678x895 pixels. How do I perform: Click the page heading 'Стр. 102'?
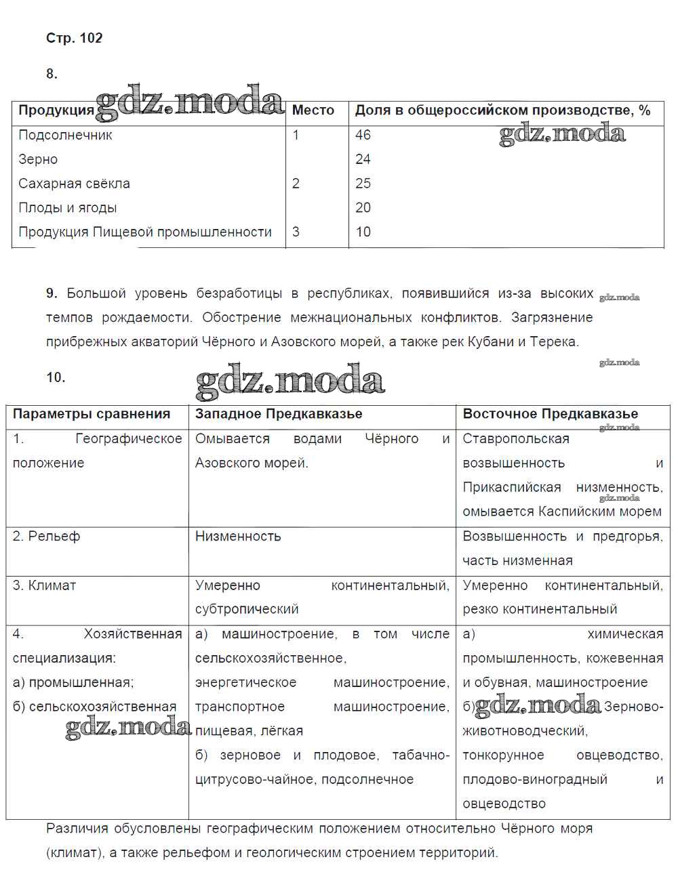74,38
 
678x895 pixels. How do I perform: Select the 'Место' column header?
313,110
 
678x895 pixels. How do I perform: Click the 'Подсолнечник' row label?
65,135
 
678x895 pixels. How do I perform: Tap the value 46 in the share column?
363,135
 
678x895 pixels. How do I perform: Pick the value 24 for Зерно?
363,159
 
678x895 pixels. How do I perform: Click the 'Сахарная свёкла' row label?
74,184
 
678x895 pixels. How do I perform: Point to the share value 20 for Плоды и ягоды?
363,208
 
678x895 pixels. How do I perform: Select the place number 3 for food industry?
296,232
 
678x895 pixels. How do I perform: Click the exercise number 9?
52,293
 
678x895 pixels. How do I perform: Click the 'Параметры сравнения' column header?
91,414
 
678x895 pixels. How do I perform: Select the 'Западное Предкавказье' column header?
279,414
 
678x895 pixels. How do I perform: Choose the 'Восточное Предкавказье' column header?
550,414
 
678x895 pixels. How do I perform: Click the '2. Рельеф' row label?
46,537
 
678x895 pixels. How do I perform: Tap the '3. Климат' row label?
44,585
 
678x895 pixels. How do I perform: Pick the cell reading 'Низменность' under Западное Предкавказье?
237,537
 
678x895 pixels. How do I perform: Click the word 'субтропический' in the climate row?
247,609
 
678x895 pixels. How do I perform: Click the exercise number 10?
56,377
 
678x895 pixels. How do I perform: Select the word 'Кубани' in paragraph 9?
490,342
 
